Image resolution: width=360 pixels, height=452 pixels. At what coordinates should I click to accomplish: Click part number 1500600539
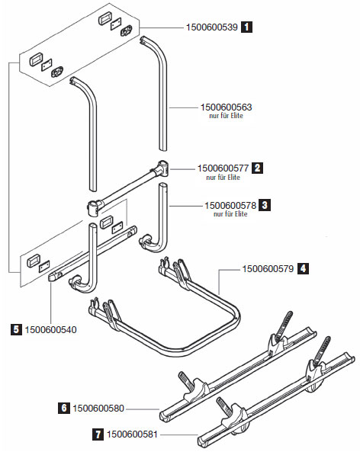212,27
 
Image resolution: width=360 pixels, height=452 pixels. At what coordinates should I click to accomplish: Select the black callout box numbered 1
246,27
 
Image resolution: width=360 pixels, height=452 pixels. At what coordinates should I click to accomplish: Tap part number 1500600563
227,107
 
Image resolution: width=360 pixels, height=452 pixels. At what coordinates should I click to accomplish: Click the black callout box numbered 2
257,168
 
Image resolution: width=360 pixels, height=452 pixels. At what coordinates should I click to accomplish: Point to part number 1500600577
223,168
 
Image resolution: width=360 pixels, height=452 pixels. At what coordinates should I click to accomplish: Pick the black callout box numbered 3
265,205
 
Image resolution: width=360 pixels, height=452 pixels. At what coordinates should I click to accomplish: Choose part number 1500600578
230,206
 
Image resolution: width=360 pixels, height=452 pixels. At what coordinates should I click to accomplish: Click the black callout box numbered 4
303,268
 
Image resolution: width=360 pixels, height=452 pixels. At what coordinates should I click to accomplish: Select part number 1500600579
268,269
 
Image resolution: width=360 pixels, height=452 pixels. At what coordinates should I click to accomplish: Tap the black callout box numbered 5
16,329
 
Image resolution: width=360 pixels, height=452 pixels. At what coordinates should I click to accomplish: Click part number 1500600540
51,330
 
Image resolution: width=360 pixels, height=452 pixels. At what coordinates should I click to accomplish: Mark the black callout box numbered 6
64,408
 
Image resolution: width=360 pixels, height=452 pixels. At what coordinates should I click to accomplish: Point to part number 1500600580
98,409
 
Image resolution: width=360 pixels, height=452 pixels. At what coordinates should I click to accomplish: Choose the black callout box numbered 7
98,434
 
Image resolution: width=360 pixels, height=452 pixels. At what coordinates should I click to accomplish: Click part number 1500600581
133,434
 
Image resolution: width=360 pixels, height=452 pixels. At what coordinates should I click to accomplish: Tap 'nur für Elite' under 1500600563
227,116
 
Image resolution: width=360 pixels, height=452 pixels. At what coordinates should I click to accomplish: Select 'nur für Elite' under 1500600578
230,214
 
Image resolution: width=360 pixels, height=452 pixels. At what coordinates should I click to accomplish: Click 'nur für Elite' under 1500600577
223,178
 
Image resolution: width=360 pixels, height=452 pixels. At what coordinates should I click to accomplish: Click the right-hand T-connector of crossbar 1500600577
162,168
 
